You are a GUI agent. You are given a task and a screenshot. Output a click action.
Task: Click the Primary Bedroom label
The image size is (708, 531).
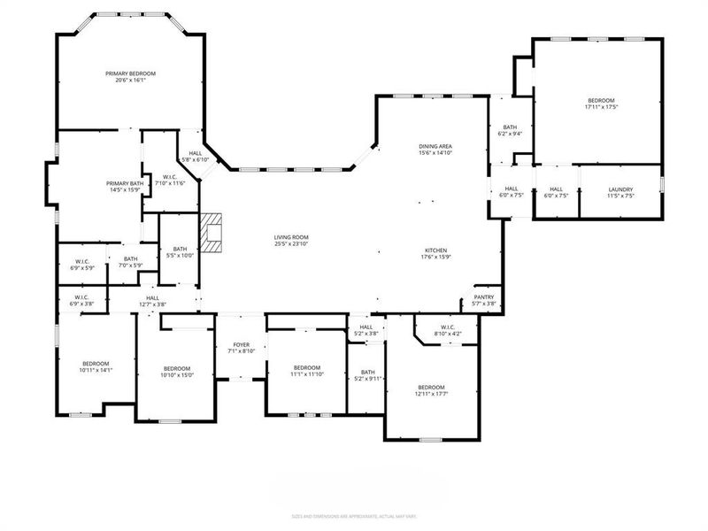(x=130, y=73)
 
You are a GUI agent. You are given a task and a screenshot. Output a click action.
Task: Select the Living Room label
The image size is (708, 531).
(x=290, y=237)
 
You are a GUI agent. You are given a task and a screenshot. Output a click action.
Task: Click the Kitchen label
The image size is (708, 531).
(x=435, y=251)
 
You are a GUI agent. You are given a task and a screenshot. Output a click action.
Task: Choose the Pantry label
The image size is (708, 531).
(x=483, y=297)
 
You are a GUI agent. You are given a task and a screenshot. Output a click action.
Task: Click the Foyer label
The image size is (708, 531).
(x=241, y=345)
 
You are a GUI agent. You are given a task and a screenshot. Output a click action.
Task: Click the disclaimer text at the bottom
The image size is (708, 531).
(x=354, y=516)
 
